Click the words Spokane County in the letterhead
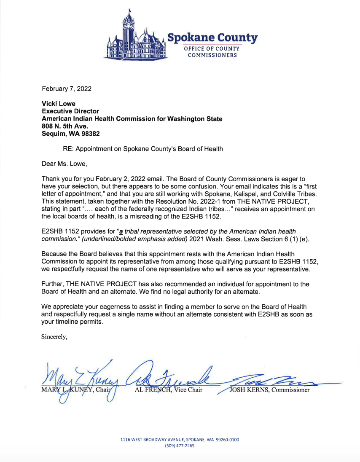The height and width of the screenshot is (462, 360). (212, 38)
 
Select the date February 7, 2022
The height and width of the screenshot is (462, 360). (67, 89)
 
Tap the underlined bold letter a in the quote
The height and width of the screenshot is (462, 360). (121, 232)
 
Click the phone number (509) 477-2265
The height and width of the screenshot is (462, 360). (180, 446)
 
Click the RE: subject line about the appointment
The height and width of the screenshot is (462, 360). (142, 149)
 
